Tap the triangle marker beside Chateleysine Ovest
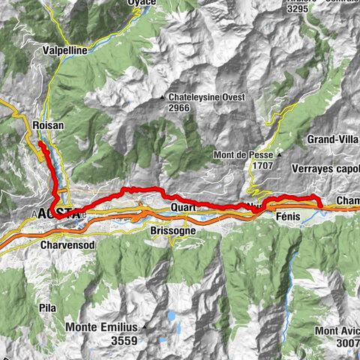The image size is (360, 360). [163, 97]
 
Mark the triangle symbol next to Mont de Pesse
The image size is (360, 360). [278, 154]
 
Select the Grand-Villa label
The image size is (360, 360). [333, 139]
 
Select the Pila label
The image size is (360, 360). [47, 307]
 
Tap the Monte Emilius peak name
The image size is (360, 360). [101, 327]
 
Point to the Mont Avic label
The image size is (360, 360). [337, 331]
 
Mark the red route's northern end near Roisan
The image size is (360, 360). [40, 141]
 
